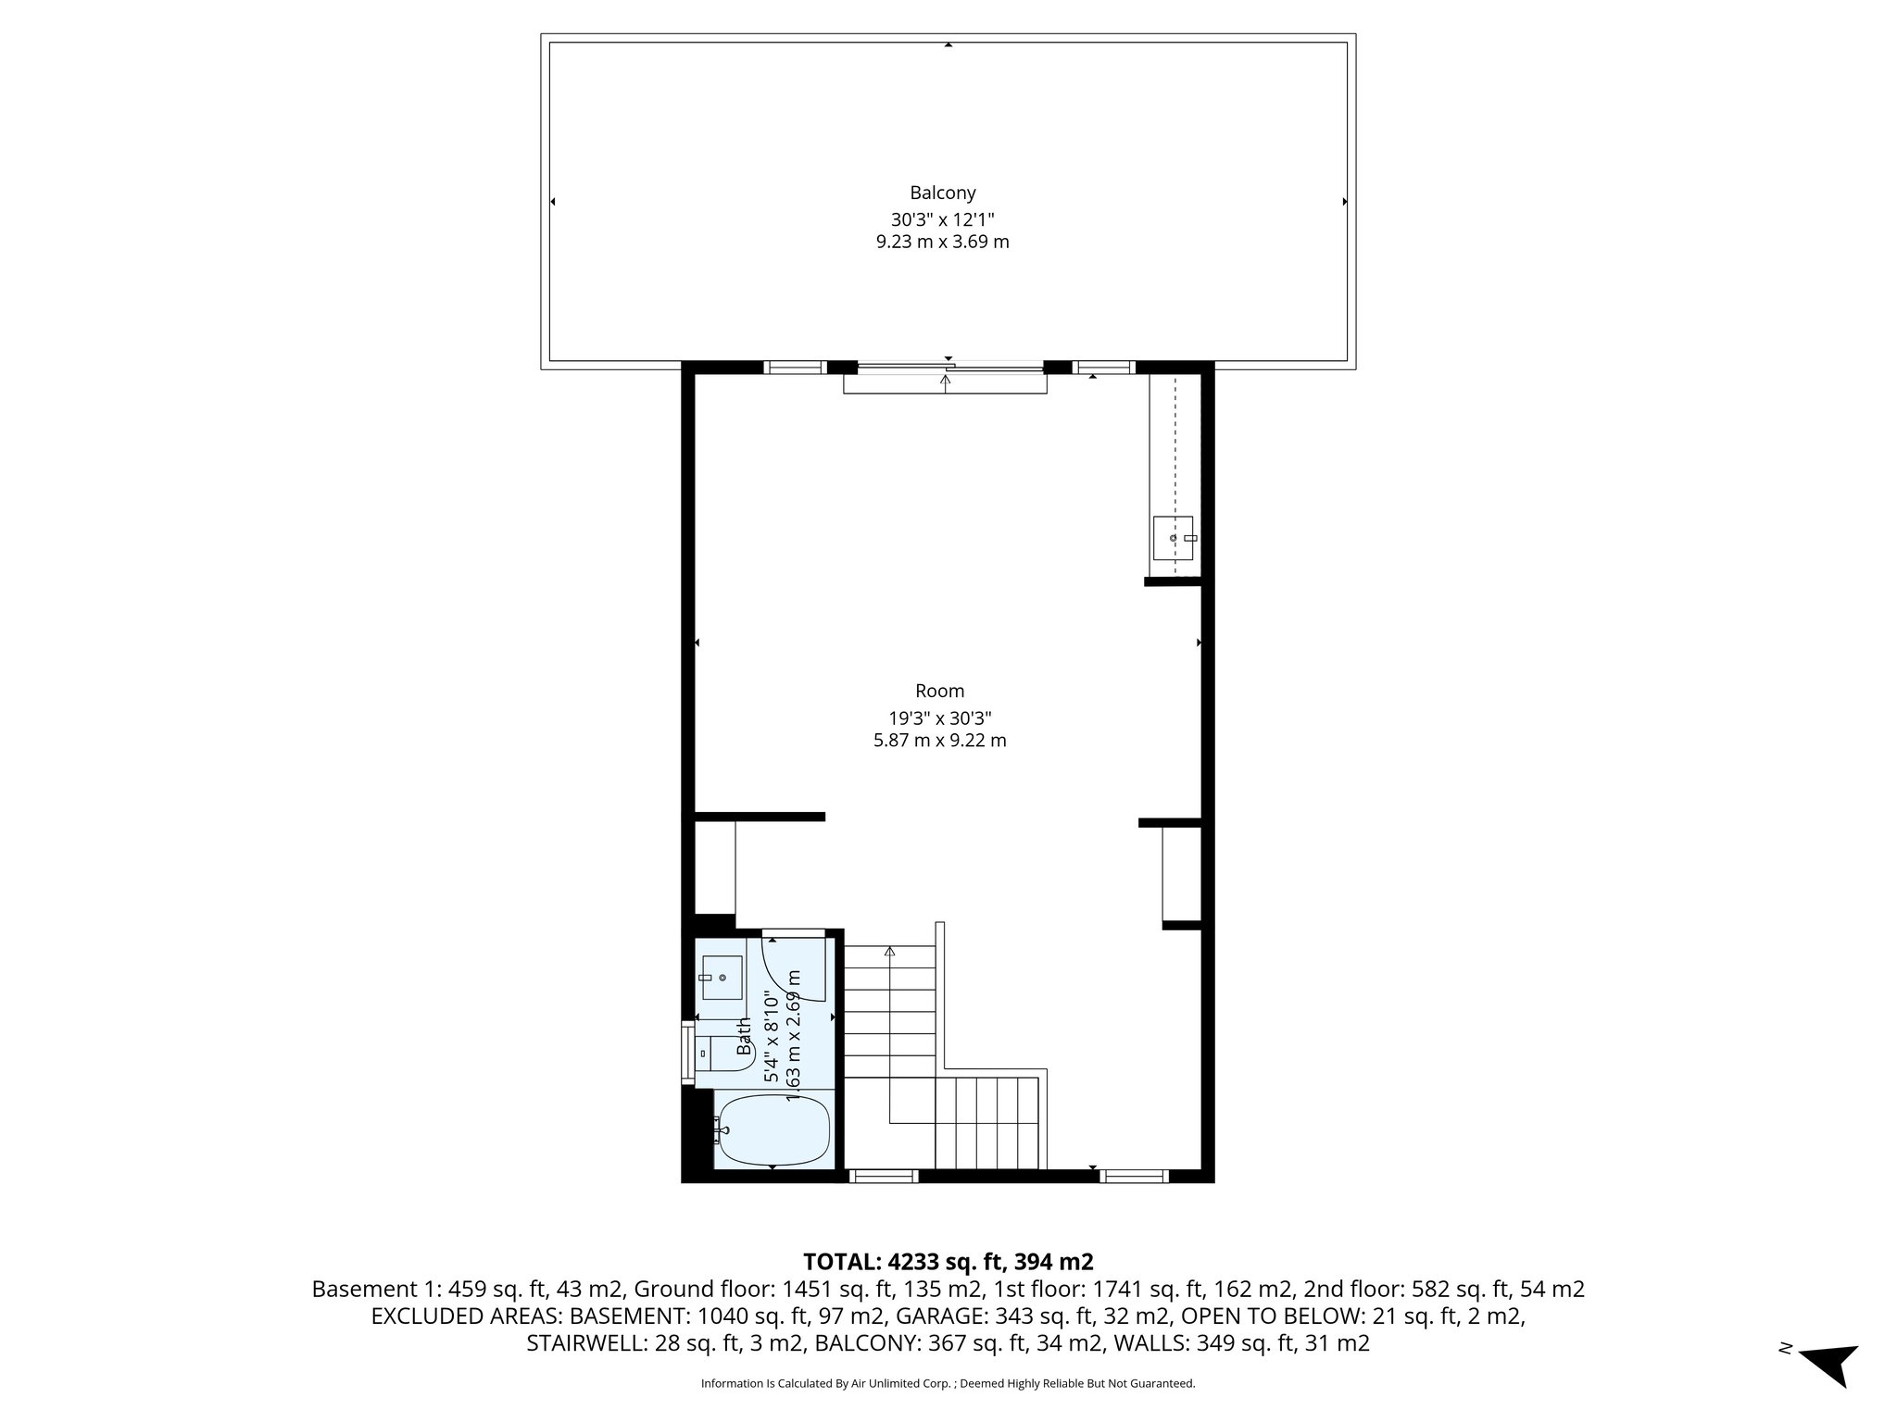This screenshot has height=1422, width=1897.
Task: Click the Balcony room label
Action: pos(942,193)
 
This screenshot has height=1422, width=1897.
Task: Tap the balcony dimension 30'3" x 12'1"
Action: pos(942,219)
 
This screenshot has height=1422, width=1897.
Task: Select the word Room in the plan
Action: pos(939,691)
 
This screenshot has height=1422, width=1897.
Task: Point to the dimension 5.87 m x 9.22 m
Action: pos(939,741)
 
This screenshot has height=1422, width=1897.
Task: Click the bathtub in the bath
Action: pos(773,1130)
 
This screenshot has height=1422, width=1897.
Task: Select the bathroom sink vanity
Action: pos(722,978)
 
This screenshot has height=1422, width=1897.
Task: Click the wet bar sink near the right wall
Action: pos(1173,538)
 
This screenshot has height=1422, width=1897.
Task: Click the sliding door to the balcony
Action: pos(945,370)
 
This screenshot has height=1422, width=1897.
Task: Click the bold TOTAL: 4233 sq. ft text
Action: pos(948,1262)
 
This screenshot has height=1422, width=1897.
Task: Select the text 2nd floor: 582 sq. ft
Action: pos(1444,1289)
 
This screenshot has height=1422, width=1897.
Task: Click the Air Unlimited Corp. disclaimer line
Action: pos(948,1383)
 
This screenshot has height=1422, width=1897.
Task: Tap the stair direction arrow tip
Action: pos(890,950)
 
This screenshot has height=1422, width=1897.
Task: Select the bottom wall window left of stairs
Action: pos(883,1177)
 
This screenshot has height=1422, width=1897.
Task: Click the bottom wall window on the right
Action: pos(1134,1177)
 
